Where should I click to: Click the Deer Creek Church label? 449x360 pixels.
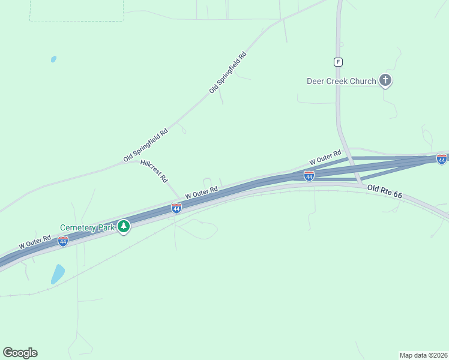click(x=341, y=81)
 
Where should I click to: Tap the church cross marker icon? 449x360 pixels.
click(x=385, y=80)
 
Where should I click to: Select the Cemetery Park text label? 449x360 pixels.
click(x=87, y=227)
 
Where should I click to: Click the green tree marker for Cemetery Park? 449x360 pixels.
click(x=124, y=226)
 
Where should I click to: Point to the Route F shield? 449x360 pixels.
click(x=339, y=62)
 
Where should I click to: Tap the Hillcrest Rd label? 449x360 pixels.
click(x=154, y=171)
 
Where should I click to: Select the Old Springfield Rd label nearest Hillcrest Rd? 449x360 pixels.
click(x=145, y=144)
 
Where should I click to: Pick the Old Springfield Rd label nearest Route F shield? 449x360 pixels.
click(x=228, y=72)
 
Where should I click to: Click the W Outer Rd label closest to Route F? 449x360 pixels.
click(x=325, y=158)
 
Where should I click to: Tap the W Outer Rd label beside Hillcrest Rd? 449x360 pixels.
click(x=201, y=193)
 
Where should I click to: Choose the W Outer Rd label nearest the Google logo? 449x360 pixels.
click(x=34, y=242)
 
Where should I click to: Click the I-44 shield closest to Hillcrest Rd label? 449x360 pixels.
click(x=176, y=208)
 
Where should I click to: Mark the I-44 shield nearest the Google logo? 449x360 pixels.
click(x=63, y=241)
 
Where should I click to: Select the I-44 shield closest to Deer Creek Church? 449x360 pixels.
click(x=441, y=159)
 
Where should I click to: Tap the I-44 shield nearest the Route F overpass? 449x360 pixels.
click(x=309, y=176)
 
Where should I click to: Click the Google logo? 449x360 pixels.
click(x=20, y=353)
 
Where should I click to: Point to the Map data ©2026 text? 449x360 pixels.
click(x=423, y=355)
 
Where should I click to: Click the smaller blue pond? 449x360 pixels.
click(x=53, y=59)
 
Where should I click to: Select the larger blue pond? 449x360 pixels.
click(x=58, y=274)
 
